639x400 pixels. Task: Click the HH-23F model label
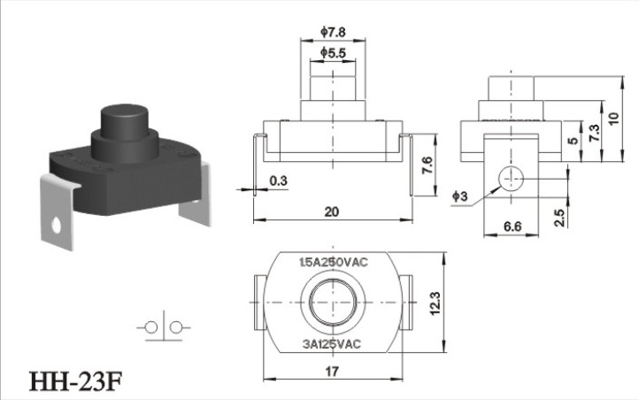coord(76,381)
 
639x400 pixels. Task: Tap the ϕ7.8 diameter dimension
coord(333,32)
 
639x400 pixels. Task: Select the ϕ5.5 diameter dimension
coord(333,52)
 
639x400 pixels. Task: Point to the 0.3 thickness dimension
coord(278,181)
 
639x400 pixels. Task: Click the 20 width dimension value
coord(332,212)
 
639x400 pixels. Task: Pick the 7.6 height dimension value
coord(427,165)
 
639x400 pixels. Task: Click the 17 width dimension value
coord(332,372)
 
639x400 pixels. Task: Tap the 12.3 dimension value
coord(435,303)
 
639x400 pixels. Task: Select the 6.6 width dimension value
coord(512,226)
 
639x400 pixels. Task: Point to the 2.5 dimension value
coord(560,218)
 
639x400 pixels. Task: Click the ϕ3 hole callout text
coord(460,196)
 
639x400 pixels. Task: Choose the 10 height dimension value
coord(613,118)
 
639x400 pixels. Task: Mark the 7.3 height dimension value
coord(595,134)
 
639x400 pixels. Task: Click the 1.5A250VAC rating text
coord(334,262)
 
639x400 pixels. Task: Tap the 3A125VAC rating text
coord(332,344)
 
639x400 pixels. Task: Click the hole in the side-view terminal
coord(511,179)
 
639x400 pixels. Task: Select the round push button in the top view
coord(333,302)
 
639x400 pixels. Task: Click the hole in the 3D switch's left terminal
coord(57,226)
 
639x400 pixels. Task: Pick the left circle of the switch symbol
coord(151,327)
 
